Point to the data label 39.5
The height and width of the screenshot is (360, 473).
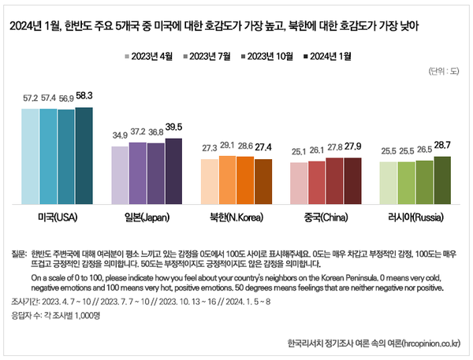click(173, 128)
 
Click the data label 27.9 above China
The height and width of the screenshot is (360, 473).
click(352, 147)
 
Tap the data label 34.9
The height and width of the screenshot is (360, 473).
click(120, 135)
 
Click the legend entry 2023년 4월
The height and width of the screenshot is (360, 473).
click(152, 57)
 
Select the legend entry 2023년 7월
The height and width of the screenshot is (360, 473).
click(207, 57)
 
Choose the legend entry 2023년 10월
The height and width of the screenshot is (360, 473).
click(265, 57)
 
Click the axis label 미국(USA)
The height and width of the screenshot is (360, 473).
click(58, 216)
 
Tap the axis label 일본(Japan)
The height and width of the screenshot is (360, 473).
click(147, 216)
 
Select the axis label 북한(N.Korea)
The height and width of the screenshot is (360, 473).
click(236, 216)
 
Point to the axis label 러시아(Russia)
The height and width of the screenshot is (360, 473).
click(415, 216)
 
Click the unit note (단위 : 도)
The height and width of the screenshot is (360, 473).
click(444, 72)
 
